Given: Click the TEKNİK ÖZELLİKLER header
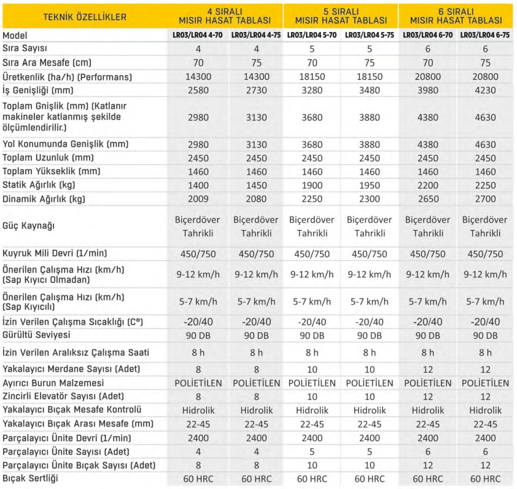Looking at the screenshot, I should (x=85, y=17).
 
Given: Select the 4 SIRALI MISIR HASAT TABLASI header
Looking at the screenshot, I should (x=227, y=16).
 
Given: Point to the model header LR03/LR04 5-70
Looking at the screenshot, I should (x=312, y=35).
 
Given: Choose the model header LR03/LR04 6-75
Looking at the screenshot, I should (x=485, y=35).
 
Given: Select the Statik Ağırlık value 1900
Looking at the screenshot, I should (x=312, y=185).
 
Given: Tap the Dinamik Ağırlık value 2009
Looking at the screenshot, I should (x=198, y=199).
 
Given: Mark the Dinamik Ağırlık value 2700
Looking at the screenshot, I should (x=485, y=199).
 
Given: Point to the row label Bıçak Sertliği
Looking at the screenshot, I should (x=31, y=479).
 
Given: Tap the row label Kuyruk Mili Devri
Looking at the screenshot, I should (x=52, y=253).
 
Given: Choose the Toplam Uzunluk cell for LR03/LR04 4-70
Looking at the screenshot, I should (x=198, y=157).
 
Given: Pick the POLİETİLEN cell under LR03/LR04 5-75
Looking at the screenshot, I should (x=370, y=383).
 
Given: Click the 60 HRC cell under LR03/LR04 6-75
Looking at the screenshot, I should (x=485, y=479).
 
